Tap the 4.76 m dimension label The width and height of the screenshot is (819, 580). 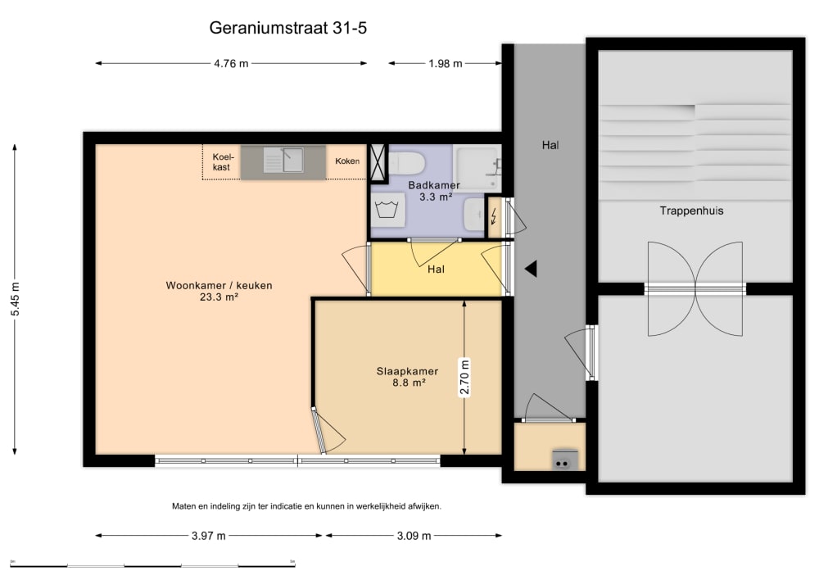[x=231, y=64]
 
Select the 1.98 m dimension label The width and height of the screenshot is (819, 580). [x=446, y=64]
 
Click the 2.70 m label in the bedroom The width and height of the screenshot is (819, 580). [x=464, y=378]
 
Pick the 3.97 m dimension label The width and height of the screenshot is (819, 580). [x=208, y=536]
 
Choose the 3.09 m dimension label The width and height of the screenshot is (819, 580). [x=414, y=536]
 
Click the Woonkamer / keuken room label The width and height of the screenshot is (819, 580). [x=219, y=291]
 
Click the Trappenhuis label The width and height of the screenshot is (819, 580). [x=691, y=211]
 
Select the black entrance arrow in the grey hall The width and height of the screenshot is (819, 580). [x=531, y=269]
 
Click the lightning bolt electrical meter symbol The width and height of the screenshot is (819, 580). [x=493, y=216]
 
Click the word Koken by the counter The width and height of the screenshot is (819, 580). [x=347, y=161]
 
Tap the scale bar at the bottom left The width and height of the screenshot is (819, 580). [x=152, y=564]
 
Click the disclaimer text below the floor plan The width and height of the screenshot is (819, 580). [x=306, y=506]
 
